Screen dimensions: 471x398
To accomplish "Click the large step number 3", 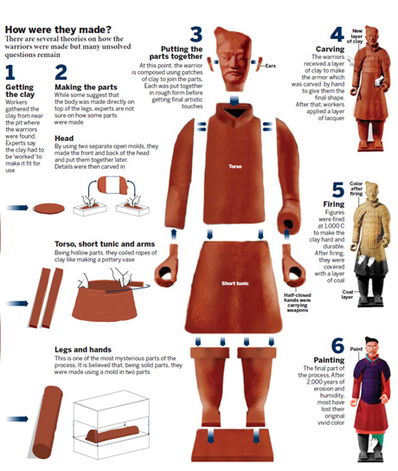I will [196, 35].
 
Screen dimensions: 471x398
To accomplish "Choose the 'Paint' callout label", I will [356, 349].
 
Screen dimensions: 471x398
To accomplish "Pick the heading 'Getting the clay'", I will [20, 94].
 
